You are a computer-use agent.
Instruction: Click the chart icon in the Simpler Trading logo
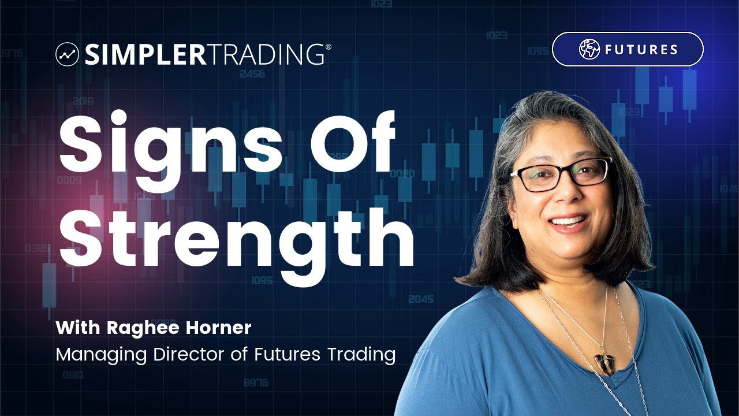click(67, 54)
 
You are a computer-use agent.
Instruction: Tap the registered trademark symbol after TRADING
click(328, 47)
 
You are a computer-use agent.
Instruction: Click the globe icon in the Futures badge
click(589, 49)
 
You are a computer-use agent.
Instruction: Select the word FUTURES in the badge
click(641, 50)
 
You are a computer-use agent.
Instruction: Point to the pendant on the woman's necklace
click(604, 363)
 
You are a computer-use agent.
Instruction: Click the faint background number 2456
click(252, 74)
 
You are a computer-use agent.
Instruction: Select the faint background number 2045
click(420, 299)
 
